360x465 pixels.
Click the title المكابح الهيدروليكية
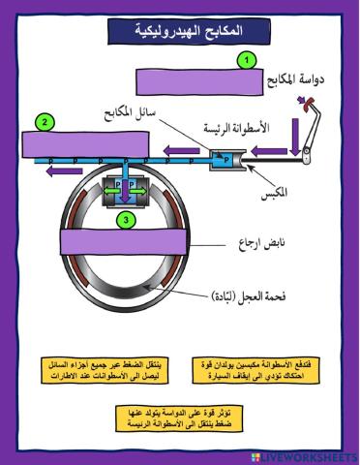pyautogui.click(x=180, y=34)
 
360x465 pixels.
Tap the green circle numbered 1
pyautogui.click(x=248, y=60)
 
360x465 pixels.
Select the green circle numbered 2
pyautogui.click(x=43, y=122)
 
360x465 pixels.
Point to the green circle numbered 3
pyautogui.click(x=125, y=221)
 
